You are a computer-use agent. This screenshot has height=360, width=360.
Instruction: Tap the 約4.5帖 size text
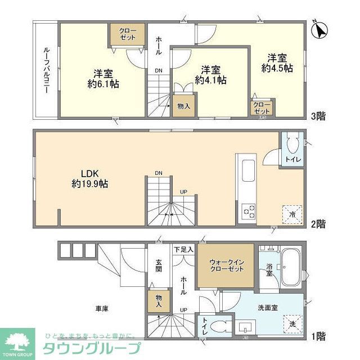(277, 67)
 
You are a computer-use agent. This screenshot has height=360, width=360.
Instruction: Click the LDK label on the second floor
(82, 173)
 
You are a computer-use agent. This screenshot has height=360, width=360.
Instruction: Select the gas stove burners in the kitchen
(247, 211)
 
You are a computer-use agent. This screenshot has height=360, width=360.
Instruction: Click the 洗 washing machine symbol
(292, 325)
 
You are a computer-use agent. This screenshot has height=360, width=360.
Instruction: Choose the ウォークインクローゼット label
(227, 265)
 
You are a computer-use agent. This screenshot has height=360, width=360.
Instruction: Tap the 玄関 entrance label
(159, 265)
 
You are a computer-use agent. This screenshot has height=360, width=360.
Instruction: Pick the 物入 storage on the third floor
(183, 106)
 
